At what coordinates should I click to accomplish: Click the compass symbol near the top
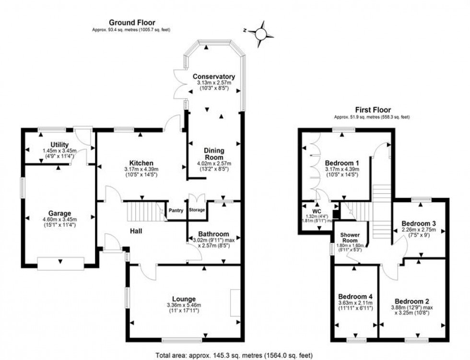261,33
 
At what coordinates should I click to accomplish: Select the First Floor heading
372,110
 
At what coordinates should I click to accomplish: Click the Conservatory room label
213,77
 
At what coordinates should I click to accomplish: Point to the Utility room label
59,145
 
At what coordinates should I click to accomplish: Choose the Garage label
59,213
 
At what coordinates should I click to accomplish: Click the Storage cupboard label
197,210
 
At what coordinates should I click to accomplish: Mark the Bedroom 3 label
419,223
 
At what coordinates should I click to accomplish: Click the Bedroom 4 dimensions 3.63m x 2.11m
355,303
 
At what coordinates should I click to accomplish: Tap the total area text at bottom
235,355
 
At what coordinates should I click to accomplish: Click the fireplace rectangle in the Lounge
235,303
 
